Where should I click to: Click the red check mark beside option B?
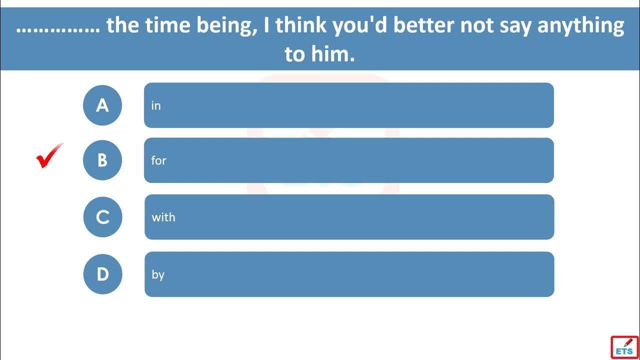[x=49, y=156]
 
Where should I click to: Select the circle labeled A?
[x=102, y=105]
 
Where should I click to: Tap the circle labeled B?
[x=102, y=160]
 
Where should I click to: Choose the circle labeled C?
[x=102, y=217]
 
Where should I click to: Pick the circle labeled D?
[x=102, y=274]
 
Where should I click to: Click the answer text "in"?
[x=156, y=105]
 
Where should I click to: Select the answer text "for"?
[x=158, y=160]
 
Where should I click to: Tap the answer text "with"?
[x=163, y=217]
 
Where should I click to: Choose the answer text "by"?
[x=158, y=274]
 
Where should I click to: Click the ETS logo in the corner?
[x=624, y=346]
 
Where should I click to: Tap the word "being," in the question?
[x=228, y=26]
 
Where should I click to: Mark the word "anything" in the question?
[x=580, y=26]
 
